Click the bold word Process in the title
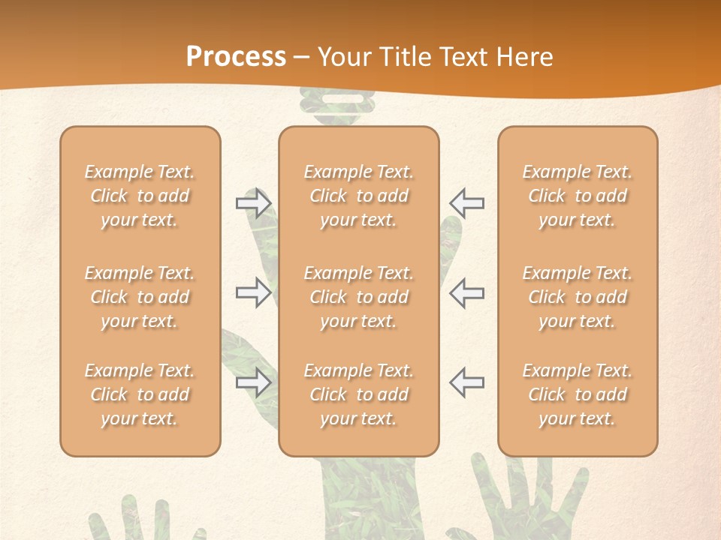click(236, 57)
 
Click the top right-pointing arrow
click(253, 203)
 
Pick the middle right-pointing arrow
click(253, 292)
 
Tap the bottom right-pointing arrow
click(253, 382)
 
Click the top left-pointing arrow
click(467, 203)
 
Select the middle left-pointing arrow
click(467, 292)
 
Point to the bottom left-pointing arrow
click(467, 382)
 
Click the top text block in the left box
click(140, 196)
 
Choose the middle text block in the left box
click(140, 297)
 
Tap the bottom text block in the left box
click(140, 394)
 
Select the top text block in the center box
click(358, 196)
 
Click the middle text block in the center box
click(358, 297)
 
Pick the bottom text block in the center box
click(358, 394)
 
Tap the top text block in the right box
click(578, 196)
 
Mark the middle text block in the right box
click(578, 297)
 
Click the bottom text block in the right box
click(578, 394)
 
